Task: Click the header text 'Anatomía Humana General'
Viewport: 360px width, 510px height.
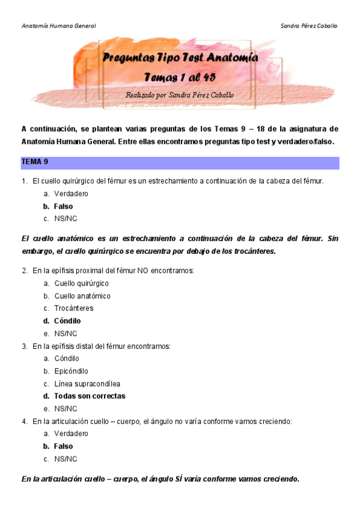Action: point(58,26)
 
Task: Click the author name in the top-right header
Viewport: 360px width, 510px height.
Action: point(309,26)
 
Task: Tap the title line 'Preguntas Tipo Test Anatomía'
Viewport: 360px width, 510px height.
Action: point(180,58)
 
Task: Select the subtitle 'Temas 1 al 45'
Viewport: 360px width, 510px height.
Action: point(180,78)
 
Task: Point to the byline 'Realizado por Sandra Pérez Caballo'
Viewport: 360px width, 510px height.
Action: point(180,95)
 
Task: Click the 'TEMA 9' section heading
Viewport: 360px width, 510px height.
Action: point(35,162)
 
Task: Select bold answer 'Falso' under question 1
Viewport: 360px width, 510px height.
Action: point(63,206)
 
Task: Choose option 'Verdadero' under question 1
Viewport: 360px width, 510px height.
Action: point(71,194)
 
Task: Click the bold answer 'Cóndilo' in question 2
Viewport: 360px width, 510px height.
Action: point(67,321)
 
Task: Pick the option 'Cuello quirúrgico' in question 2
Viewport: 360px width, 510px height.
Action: point(81,283)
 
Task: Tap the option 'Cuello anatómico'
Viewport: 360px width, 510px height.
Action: point(82,296)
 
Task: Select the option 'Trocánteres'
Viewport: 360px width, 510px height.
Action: point(73,309)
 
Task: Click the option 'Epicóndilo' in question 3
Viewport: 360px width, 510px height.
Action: point(71,371)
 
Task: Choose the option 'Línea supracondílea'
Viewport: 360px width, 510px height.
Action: point(87,384)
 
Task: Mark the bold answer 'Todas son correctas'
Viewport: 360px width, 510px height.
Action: point(90,396)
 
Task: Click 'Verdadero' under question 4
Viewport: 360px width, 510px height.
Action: point(71,434)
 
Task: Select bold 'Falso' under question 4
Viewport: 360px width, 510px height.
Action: point(63,446)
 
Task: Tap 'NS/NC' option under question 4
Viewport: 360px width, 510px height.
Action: point(66,459)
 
